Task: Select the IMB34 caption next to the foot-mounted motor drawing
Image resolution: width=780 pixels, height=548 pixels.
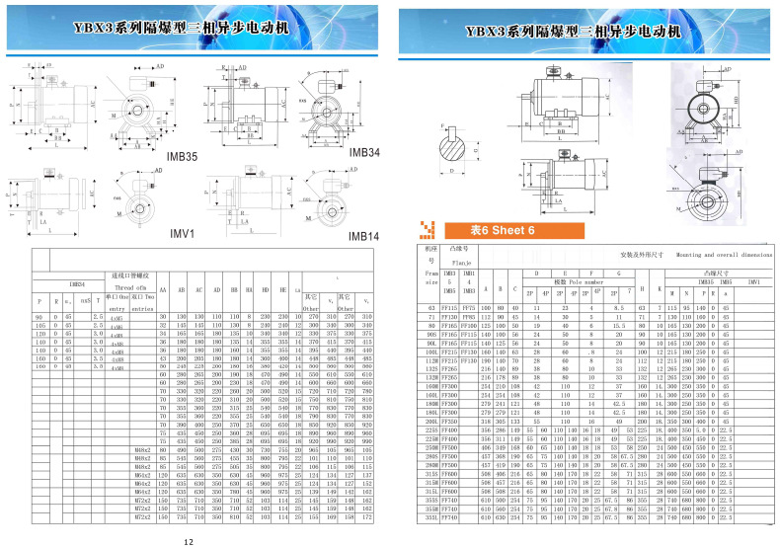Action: (363, 153)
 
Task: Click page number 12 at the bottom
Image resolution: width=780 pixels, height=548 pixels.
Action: (188, 540)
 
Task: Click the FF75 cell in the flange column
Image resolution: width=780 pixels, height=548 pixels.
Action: (468, 307)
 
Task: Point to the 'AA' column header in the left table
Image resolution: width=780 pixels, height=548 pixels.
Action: (162, 290)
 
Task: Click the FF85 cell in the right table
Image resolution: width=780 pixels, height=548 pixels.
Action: (468, 316)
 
